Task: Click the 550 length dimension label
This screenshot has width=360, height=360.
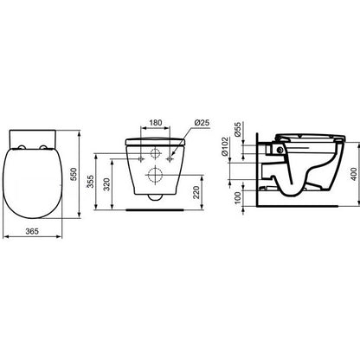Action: tap(74, 174)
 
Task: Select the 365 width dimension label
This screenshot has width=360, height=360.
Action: tap(32, 231)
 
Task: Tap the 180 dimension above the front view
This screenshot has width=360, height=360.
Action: tap(156, 123)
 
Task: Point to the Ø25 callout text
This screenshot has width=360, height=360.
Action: tap(202, 123)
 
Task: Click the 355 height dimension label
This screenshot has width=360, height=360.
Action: tap(91, 182)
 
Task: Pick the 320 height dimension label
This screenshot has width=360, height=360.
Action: tap(106, 184)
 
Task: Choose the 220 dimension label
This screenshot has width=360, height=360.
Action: tap(196, 192)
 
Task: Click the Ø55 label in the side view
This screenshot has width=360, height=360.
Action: tap(237, 130)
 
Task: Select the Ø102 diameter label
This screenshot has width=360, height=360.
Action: tap(225, 146)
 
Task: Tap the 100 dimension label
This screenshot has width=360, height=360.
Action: tap(237, 197)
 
